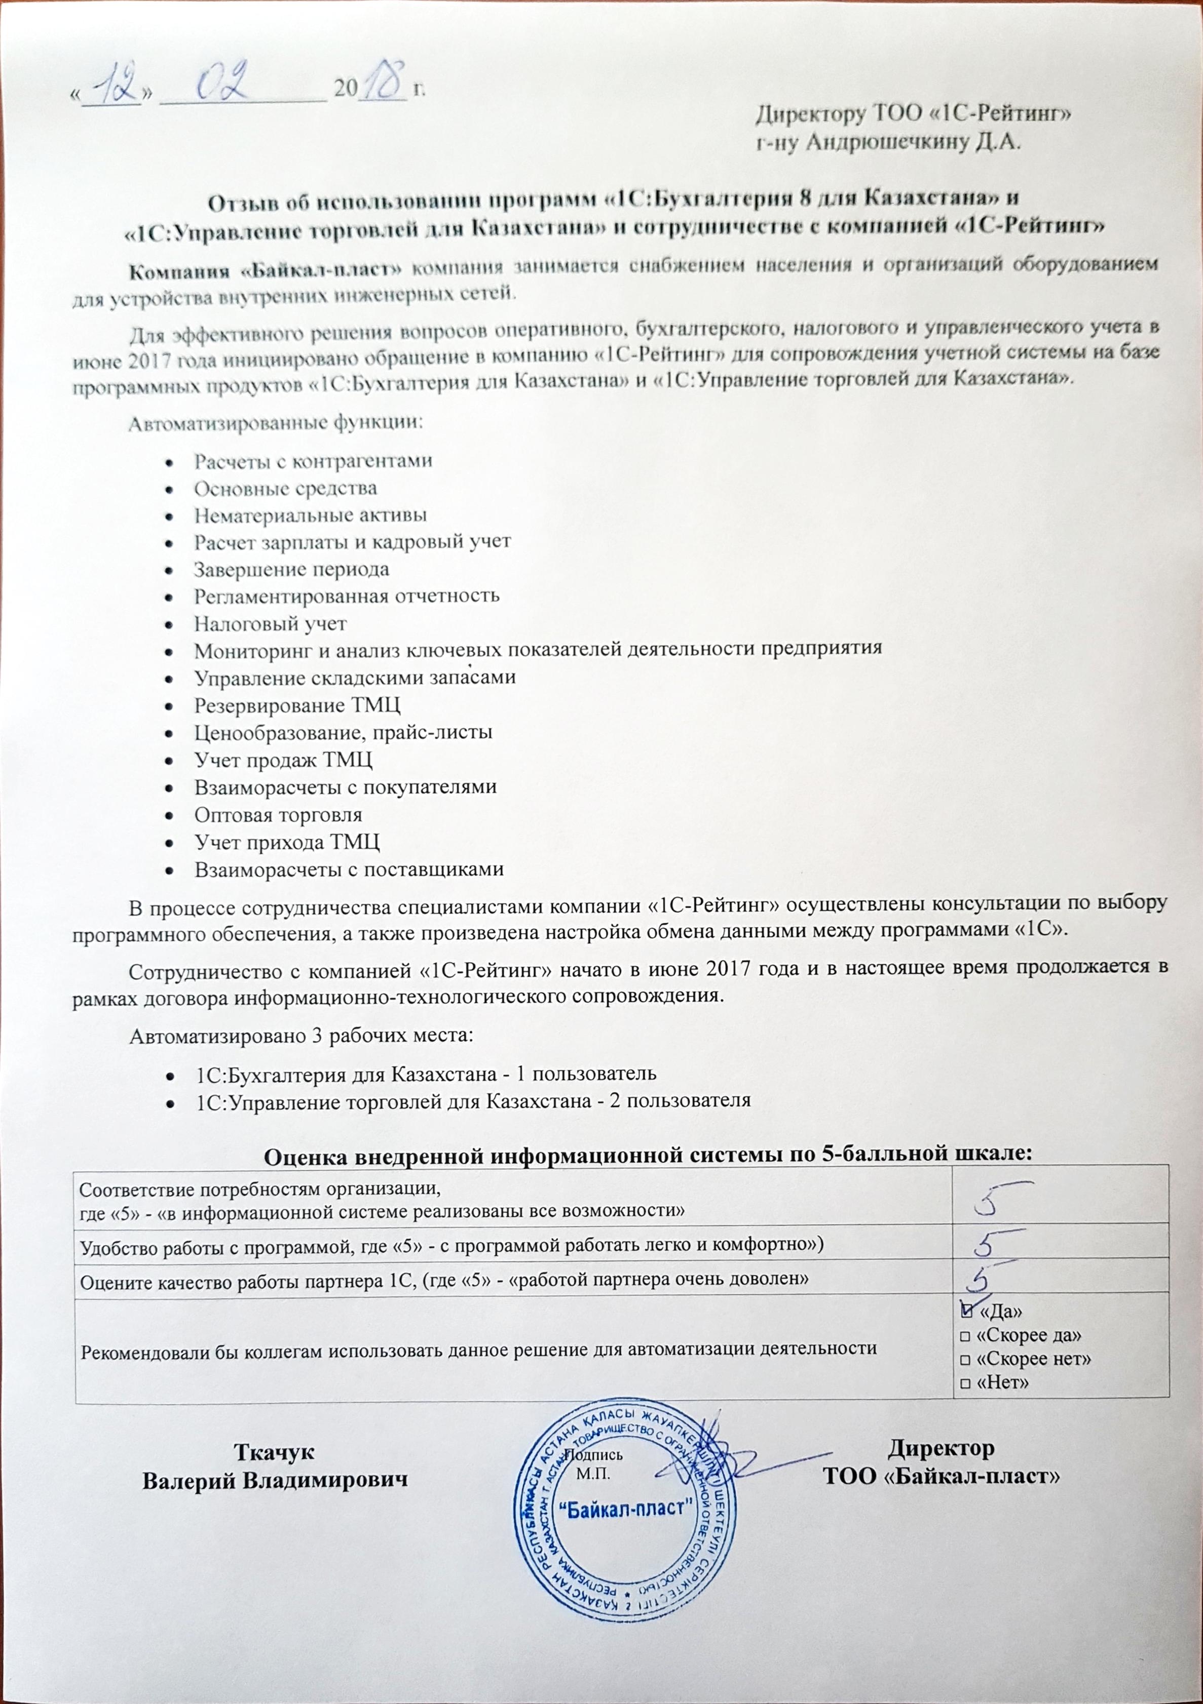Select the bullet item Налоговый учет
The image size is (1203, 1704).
click(x=270, y=623)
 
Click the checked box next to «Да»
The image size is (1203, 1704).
click(x=966, y=1312)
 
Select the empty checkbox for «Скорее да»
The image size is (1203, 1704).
click(x=965, y=1336)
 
